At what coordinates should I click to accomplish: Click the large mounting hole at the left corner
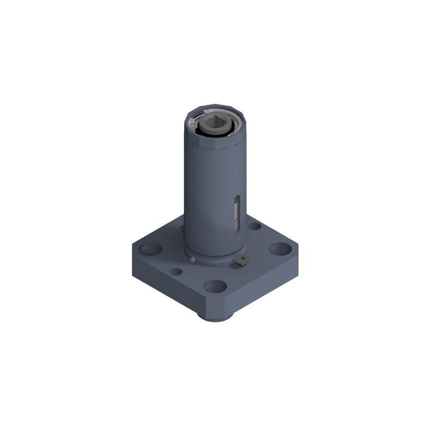150,249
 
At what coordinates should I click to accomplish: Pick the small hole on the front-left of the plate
175,271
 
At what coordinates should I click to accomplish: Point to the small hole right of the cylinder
255,226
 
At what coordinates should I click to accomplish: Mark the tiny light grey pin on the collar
193,259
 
